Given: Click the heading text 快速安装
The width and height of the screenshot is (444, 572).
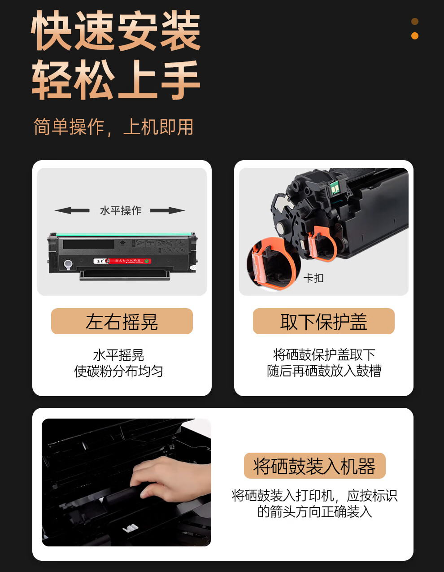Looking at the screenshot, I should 116,31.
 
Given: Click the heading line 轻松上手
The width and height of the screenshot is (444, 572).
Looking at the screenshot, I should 116,81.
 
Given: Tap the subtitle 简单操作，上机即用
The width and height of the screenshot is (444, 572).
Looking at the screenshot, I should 113,127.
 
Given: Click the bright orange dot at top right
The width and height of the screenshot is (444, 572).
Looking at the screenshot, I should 415,36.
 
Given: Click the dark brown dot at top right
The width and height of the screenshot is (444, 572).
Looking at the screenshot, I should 415,22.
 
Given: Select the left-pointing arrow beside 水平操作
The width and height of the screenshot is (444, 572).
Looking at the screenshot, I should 72,210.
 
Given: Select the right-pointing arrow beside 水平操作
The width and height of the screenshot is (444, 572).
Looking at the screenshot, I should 168,210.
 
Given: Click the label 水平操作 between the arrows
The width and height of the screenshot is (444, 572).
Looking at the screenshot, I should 120,210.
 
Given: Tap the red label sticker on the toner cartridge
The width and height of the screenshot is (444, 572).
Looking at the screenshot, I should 122,261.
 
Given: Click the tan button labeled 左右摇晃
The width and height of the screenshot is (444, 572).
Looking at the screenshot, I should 122,321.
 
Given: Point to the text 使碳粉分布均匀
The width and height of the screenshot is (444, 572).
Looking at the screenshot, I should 118,371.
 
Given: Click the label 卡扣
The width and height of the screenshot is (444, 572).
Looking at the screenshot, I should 313,278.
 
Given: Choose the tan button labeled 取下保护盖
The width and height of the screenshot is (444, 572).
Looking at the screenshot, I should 323,321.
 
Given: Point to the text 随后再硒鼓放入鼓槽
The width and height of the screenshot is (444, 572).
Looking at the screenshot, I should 324,371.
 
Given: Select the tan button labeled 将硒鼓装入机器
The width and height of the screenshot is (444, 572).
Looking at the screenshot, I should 314,466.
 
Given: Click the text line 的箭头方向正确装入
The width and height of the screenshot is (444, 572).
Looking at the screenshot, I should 314,511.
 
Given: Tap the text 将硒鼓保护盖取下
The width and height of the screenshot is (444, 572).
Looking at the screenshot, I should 324,355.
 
